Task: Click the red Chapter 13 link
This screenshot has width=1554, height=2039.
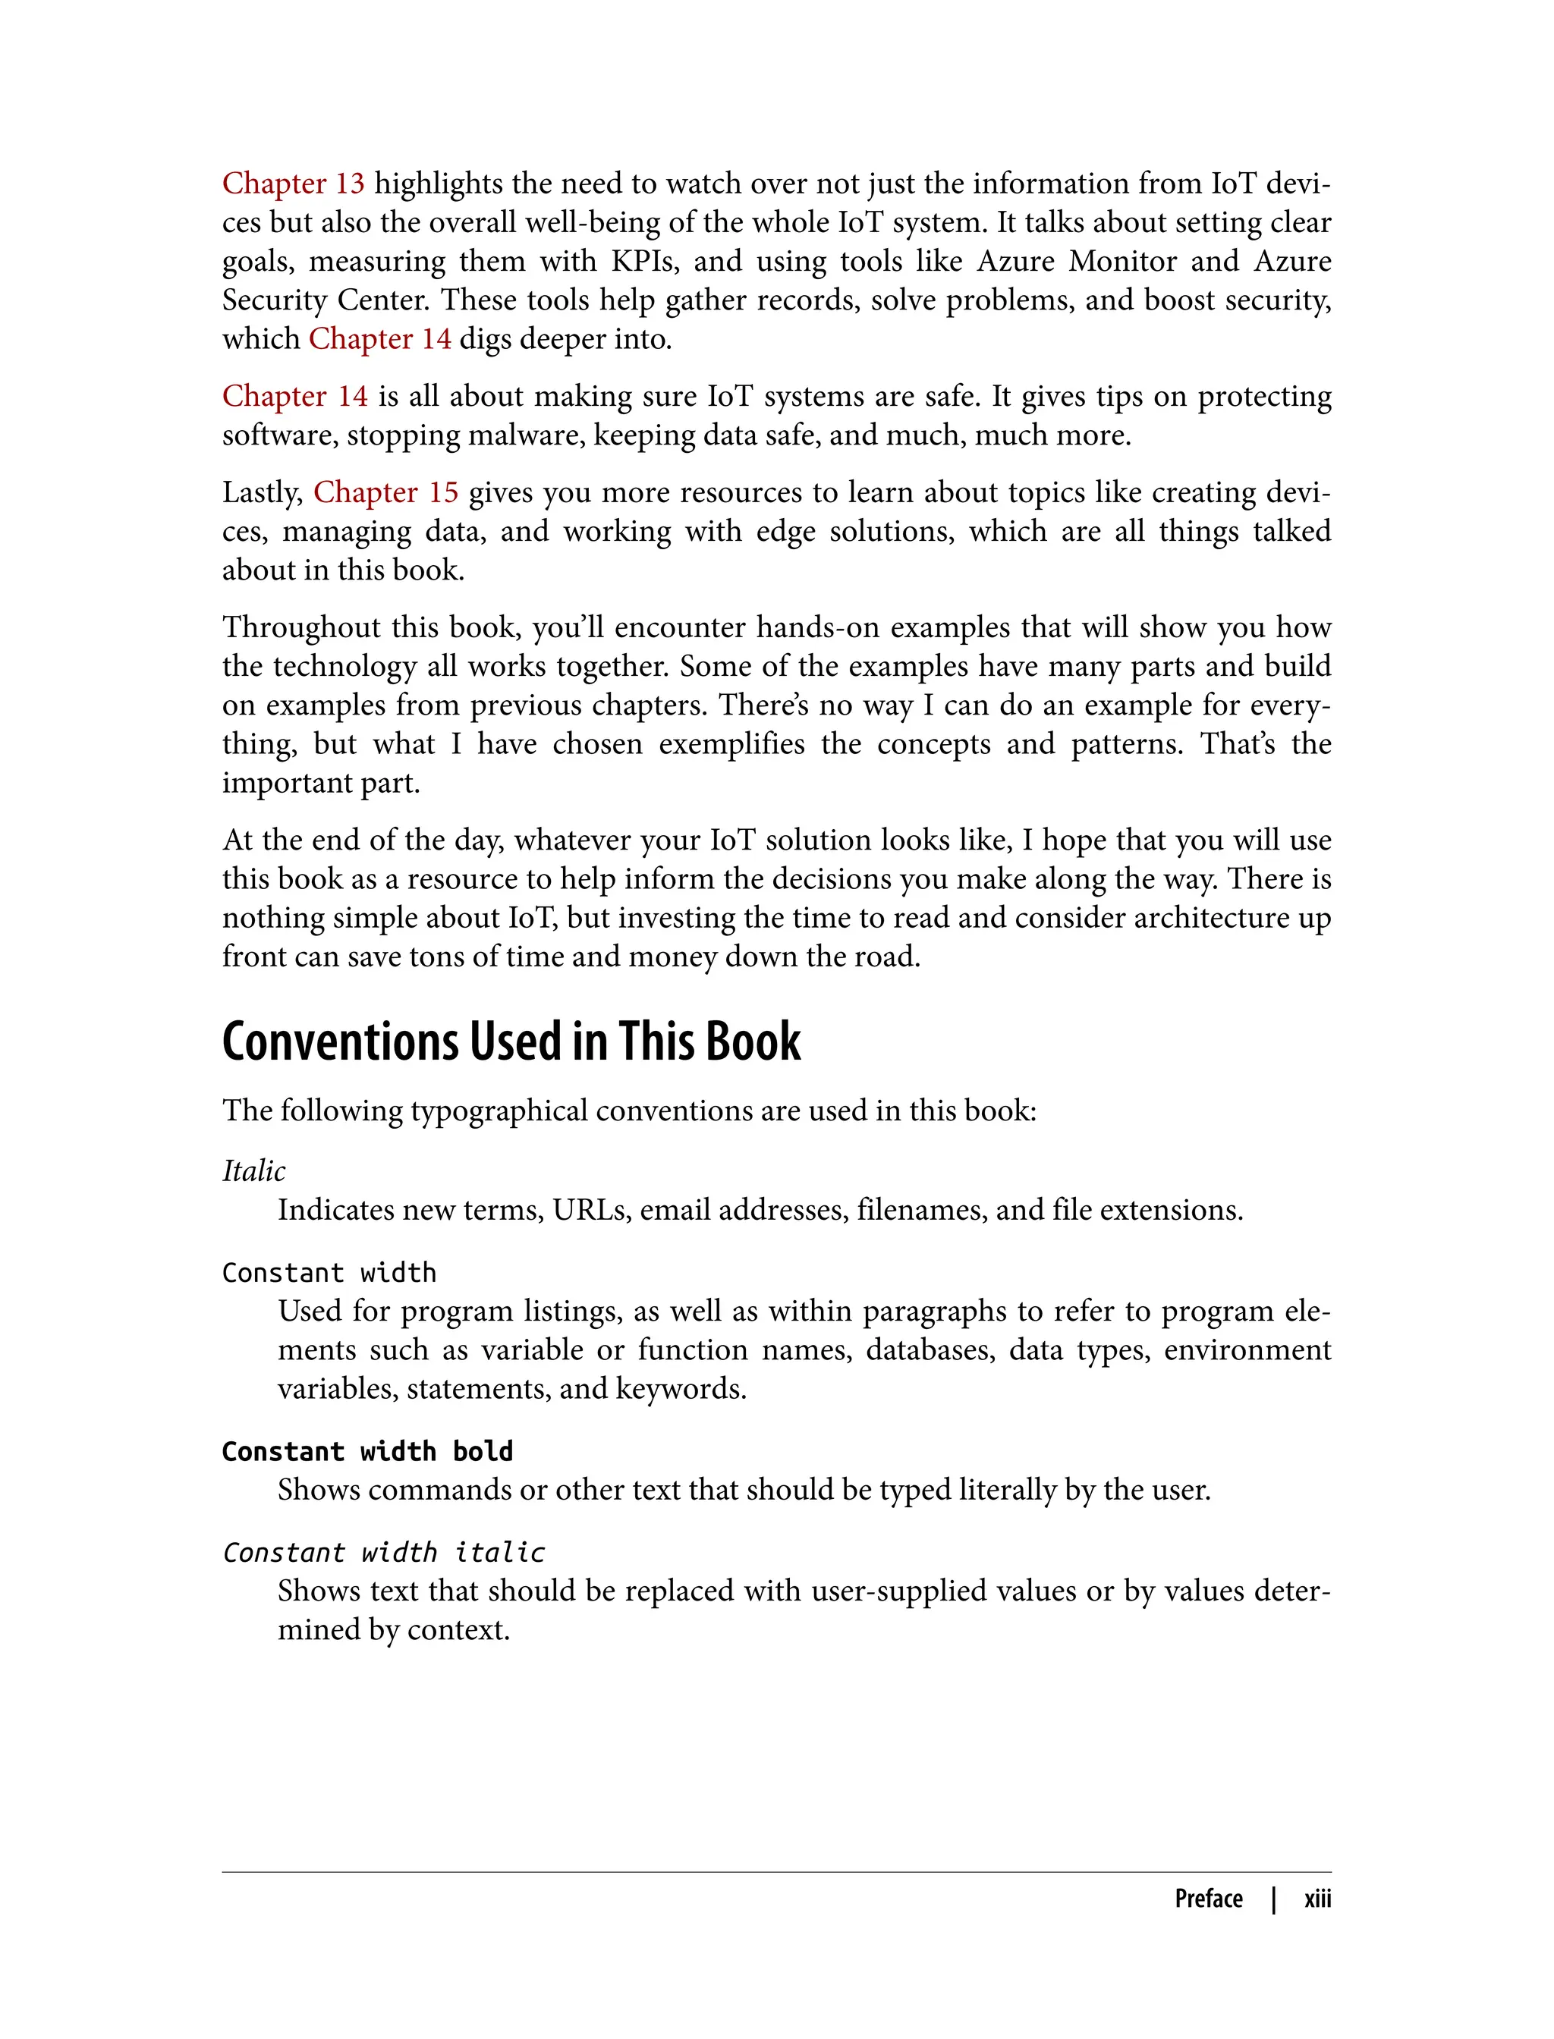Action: pyautogui.click(x=293, y=183)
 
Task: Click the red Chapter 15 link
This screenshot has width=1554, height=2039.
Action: pyautogui.click(x=385, y=492)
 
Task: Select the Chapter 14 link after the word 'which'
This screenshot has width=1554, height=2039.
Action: pyautogui.click(x=379, y=338)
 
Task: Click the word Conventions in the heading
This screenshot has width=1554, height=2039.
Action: pyautogui.click(x=339, y=1042)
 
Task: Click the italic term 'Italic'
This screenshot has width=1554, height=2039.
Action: pyautogui.click(x=253, y=1170)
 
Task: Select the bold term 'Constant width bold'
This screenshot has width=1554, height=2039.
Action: pyautogui.click(x=367, y=1451)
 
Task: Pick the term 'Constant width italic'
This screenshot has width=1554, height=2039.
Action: pyautogui.click(x=384, y=1552)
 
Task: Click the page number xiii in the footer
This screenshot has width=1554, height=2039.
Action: pyautogui.click(x=1317, y=1899)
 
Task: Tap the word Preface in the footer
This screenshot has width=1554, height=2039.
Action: pyautogui.click(x=1208, y=1899)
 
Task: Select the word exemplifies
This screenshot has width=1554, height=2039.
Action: pyautogui.click(x=731, y=743)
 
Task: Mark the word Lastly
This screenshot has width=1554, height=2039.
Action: pyautogui.click(x=263, y=492)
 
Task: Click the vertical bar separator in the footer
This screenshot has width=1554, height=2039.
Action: pyautogui.click(x=1274, y=1899)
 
